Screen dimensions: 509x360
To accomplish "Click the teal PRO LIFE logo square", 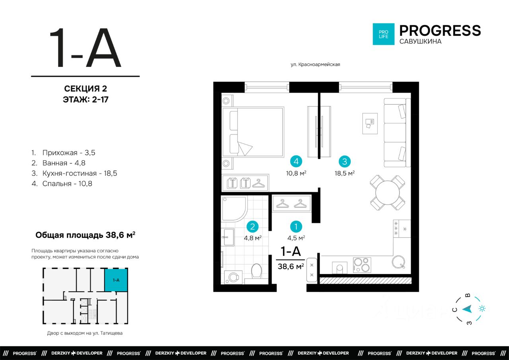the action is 384,34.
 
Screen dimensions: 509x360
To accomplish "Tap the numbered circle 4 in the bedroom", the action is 296,162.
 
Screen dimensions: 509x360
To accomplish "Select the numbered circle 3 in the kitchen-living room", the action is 344,162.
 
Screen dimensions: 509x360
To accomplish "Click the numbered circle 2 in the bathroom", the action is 253,227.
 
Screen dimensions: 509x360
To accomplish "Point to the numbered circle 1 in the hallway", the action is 296,227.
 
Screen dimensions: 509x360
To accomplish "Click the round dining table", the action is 387,193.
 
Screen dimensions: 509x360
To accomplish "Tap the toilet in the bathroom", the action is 256,271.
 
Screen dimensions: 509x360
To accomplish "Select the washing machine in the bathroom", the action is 233,277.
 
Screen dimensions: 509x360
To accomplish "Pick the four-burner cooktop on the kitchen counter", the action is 362,265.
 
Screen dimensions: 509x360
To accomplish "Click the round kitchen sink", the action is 398,262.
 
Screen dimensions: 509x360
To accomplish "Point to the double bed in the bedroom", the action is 253,132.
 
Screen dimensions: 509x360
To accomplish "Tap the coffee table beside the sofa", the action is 370,123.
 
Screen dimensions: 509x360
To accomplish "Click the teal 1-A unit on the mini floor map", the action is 116,280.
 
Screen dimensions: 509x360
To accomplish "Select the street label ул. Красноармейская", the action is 315,64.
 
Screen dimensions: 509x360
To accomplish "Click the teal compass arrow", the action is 467,309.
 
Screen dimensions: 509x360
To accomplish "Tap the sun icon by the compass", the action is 482,309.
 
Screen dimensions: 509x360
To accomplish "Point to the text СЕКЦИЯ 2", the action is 85,89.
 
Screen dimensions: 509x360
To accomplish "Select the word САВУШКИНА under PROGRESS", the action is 420,41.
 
